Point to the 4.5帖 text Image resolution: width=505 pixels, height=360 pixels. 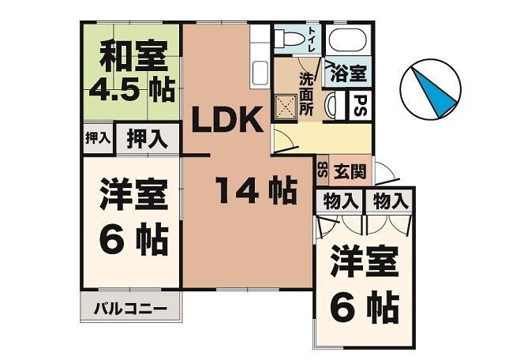pyautogui.click(x=132, y=89)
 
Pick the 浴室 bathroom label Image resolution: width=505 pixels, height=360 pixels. pyautogui.click(x=349, y=73)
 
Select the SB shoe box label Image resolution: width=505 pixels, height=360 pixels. pyautogui.click(x=322, y=169)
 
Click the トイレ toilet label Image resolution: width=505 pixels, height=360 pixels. pyautogui.click(x=312, y=38)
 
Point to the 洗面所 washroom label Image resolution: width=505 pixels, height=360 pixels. pyautogui.click(x=306, y=93)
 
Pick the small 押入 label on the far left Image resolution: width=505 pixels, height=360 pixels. pyautogui.click(x=96, y=139)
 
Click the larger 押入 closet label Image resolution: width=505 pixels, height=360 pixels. pyautogui.click(x=148, y=139)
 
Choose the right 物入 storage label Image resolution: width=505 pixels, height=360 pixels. pyautogui.click(x=391, y=201)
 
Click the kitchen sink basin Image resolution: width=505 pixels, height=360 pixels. pyautogui.click(x=261, y=73)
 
